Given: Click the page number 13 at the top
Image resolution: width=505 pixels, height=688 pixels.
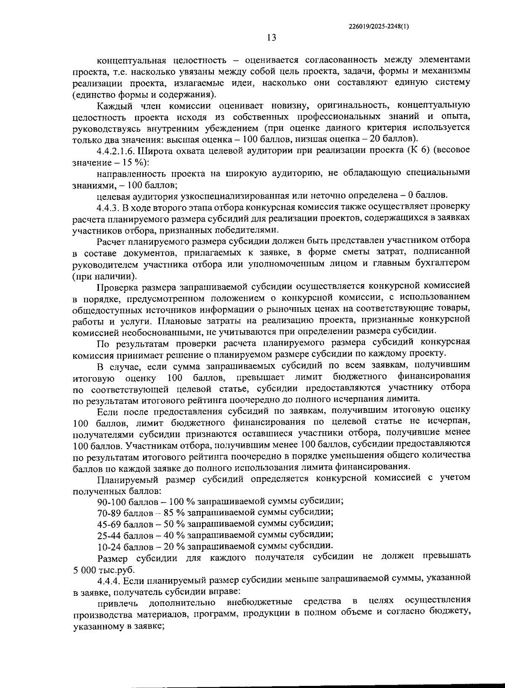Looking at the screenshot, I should click(x=271, y=37).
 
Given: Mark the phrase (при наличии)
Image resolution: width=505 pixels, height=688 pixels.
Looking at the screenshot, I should click(x=104, y=276).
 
